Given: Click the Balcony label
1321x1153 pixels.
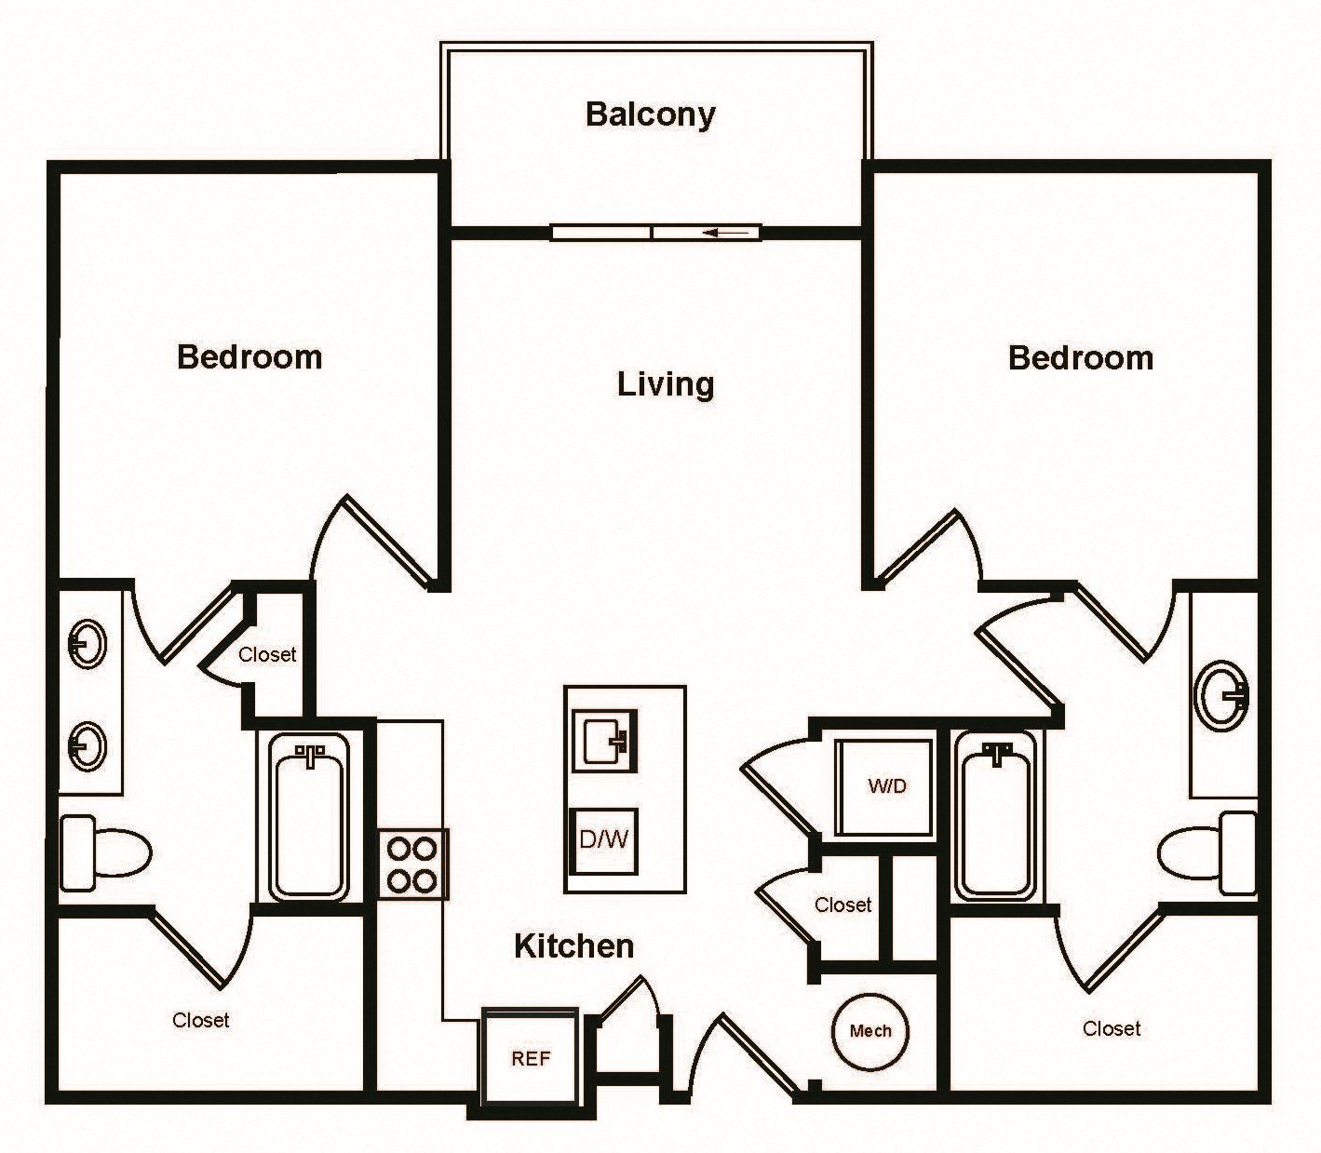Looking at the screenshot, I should (x=650, y=114).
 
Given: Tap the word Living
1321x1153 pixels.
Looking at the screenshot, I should (x=665, y=383).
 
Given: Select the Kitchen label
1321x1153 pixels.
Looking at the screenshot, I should (x=573, y=945).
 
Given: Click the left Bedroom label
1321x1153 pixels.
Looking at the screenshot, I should (x=249, y=356).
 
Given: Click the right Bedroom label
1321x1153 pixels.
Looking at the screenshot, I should (x=1080, y=357).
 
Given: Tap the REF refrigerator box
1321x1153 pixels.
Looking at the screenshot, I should (x=530, y=1058).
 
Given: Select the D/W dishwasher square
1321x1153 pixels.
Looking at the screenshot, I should (x=603, y=839).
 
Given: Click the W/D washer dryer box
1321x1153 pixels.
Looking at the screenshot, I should (x=885, y=786).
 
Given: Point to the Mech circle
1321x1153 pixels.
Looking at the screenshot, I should (x=869, y=1030).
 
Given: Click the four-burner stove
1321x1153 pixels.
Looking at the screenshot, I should (x=413, y=864).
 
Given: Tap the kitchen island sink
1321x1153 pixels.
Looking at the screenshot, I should (x=604, y=741).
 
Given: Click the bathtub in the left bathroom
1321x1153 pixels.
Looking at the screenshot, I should (x=308, y=816).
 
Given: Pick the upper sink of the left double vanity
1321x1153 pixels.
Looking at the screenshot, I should (x=88, y=643).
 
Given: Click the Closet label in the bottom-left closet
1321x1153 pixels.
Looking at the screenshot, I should (x=200, y=1020).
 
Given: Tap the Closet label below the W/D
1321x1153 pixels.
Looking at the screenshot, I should (x=842, y=905).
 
